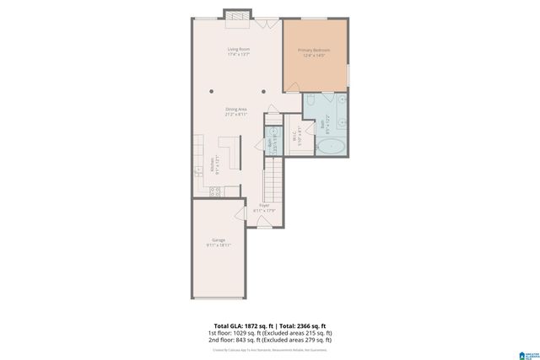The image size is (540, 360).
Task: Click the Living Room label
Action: (x=239, y=51)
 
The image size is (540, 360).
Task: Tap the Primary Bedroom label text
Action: (x=314, y=53)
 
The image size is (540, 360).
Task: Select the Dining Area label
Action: (x=235, y=111)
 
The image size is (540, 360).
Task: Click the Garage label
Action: (x=219, y=242)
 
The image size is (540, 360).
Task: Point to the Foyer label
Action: (x=264, y=207)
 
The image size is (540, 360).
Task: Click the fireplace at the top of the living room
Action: (x=236, y=14)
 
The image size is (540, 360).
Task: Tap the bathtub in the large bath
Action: (x=331, y=147)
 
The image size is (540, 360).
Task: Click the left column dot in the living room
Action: (x=212, y=91)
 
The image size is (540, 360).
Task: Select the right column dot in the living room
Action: (x=263, y=91)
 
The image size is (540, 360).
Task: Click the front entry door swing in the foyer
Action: (x=264, y=223)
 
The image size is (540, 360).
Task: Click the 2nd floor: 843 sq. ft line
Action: (x=269, y=340)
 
